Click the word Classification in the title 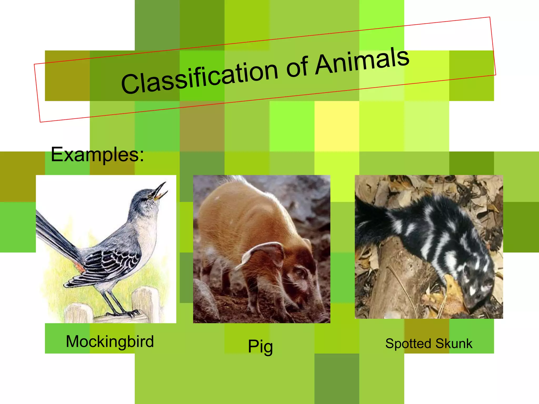pos(199,76)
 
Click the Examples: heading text pos(97,154)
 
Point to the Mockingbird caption pos(110,341)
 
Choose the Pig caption pos(260,346)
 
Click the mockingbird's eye pos(150,197)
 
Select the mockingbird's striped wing pos(111,263)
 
